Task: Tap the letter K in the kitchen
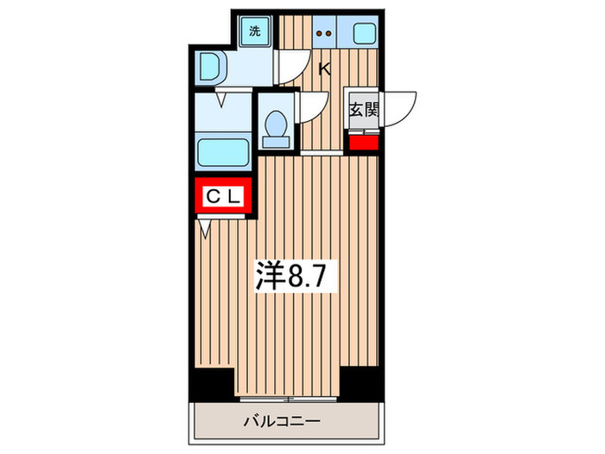(x=327, y=70)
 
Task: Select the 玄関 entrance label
(x=364, y=110)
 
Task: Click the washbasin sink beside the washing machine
(x=210, y=66)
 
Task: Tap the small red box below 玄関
(x=364, y=141)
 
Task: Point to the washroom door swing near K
(x=295, y=66)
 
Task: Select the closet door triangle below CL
(x=206, y=228)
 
